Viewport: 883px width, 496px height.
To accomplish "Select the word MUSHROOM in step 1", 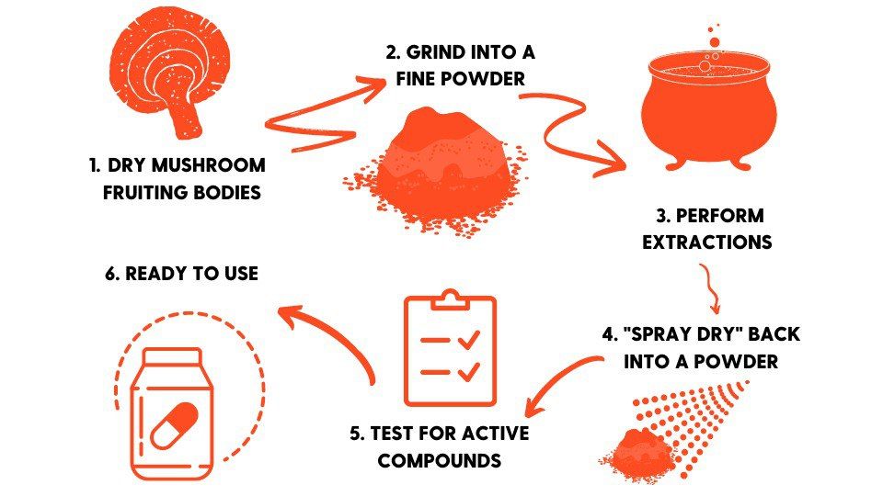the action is coord(209,165).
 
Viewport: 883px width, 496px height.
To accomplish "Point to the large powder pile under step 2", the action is coord(436,169).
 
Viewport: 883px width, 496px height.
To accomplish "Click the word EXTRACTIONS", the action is coord(706,242).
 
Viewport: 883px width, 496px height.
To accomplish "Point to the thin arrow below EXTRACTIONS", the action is coord(711,287).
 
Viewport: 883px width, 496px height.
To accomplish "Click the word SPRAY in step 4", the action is coord(659,334).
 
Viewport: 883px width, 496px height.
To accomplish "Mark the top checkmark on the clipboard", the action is coord(468,339).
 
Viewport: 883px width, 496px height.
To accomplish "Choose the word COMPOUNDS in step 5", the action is coord(440,460).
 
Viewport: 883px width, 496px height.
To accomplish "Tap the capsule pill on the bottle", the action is coord(175,425).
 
